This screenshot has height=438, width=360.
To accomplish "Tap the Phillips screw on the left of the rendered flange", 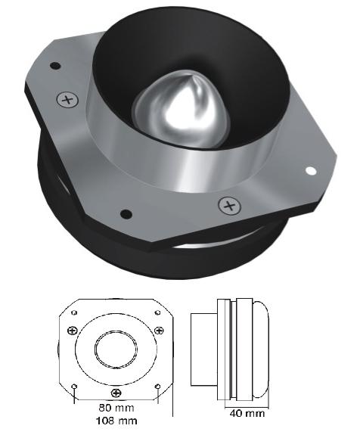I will [68, 99].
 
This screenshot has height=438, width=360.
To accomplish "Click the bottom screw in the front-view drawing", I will [115, 393].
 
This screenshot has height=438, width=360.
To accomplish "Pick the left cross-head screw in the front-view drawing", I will [71, 330].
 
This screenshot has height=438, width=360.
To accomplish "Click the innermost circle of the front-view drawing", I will [115, 352].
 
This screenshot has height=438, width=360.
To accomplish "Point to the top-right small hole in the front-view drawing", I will [157, 312].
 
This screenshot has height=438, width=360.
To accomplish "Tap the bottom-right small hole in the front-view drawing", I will [157, 387].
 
